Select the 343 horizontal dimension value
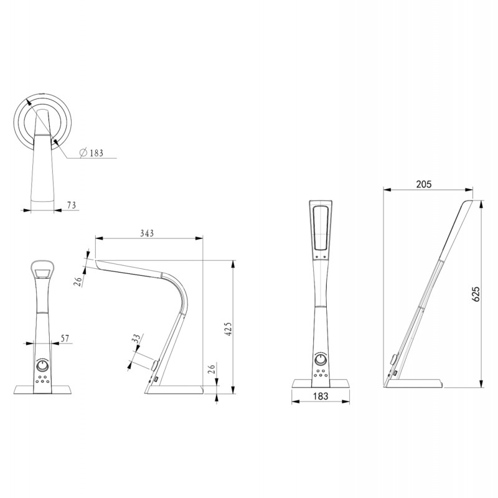click(x=147, y=233)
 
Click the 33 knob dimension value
click(x=136, y=341)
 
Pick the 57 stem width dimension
click(x=64, y=338)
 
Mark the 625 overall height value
click(x=476, y=294)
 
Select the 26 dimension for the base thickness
click(x=211, y=372)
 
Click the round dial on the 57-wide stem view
click(x=43, y=365)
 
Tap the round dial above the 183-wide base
click(x=321, y=359)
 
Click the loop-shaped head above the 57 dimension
click(x=43, y=269)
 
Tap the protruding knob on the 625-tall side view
click(x=394, y=359)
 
